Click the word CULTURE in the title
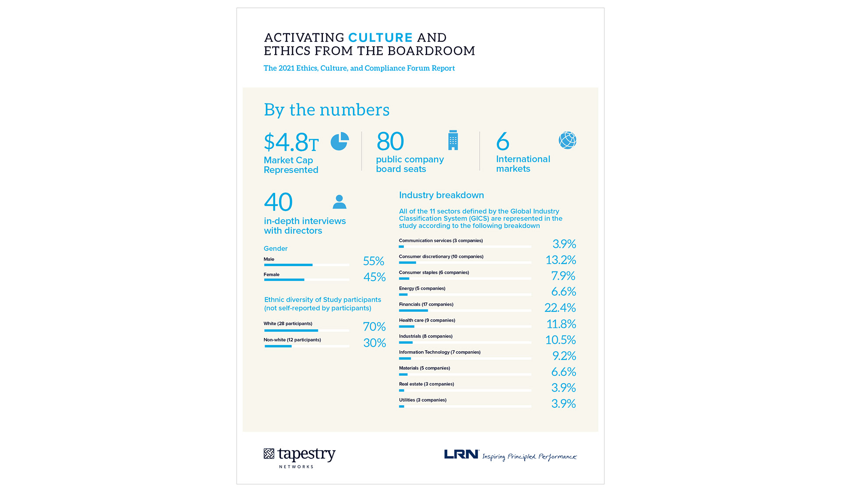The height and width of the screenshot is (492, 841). [x=380, y=38]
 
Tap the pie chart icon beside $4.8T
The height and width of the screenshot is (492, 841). [x=339, y=141]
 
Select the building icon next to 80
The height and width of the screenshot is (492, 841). [x=453, y=140]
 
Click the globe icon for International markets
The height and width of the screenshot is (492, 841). [x=567, y=140]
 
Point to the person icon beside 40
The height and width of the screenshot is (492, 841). [x=339, y=202]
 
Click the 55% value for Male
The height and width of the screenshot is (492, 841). [x=373, y=261]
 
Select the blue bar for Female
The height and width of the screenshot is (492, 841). [x=284, y=280]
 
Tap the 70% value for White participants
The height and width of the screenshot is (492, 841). [x=374, y=327]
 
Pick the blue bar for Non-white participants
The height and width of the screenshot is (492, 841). [x=278, y=346]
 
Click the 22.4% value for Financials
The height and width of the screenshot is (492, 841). [x=560, y=308]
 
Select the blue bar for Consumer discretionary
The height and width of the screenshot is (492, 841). [x=407, y=263]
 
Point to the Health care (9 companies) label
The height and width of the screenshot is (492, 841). [x=427, y=321]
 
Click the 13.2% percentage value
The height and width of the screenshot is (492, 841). [x=560, y=260]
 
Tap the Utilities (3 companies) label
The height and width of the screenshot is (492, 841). [x=422, y=400]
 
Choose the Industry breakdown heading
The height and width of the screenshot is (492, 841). [x=441, y=195]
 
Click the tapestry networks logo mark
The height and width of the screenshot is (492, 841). [x=269, y=454]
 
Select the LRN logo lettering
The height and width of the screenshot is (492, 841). [x=461, y=455]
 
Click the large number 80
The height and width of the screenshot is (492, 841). [x=390, y=142]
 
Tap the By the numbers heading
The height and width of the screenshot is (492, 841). [x=326, y=110]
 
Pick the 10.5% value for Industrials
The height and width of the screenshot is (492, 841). [x=560, y=340]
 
